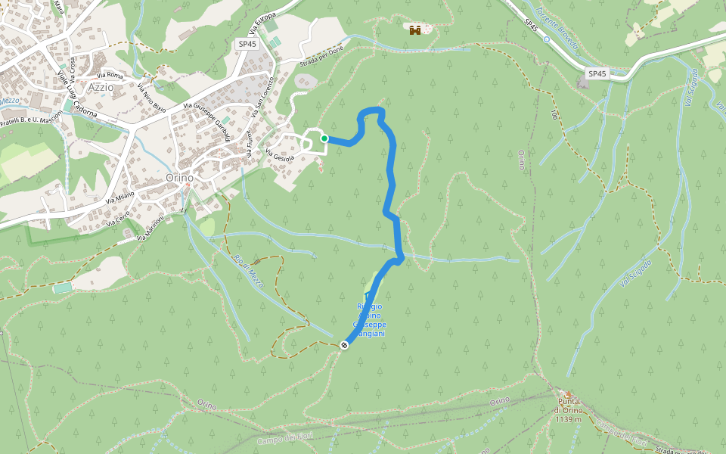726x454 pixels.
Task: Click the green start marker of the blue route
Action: tap(324, 138)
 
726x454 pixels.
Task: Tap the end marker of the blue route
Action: tap(344, 345)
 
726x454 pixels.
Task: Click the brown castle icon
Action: tap(414, 30)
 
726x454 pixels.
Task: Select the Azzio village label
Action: tap(101, 87)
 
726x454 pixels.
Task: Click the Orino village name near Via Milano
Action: tap(179, 177)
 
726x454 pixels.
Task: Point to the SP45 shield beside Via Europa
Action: tap(247, 45)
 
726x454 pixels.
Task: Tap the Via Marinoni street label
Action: tap(151, 229)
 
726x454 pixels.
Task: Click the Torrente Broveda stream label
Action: tap(557, 27)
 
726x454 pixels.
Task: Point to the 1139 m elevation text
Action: tap(568, 419)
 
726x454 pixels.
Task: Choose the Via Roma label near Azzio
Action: tap(110, 75)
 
